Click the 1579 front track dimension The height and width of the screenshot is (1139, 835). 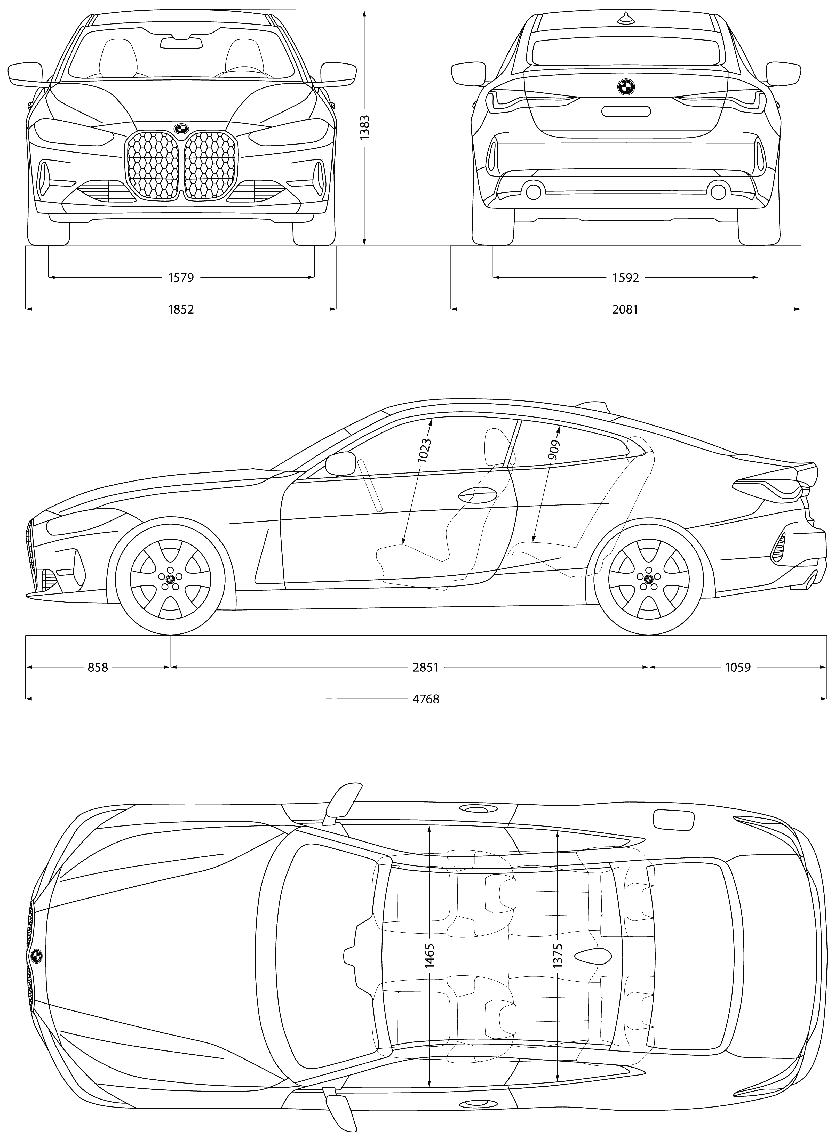coord(181,277)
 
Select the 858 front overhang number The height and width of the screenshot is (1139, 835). coord(98,668)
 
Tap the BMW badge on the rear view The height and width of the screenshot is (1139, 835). coord(625,87)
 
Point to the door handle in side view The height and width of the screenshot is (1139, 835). coord(477,495)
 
